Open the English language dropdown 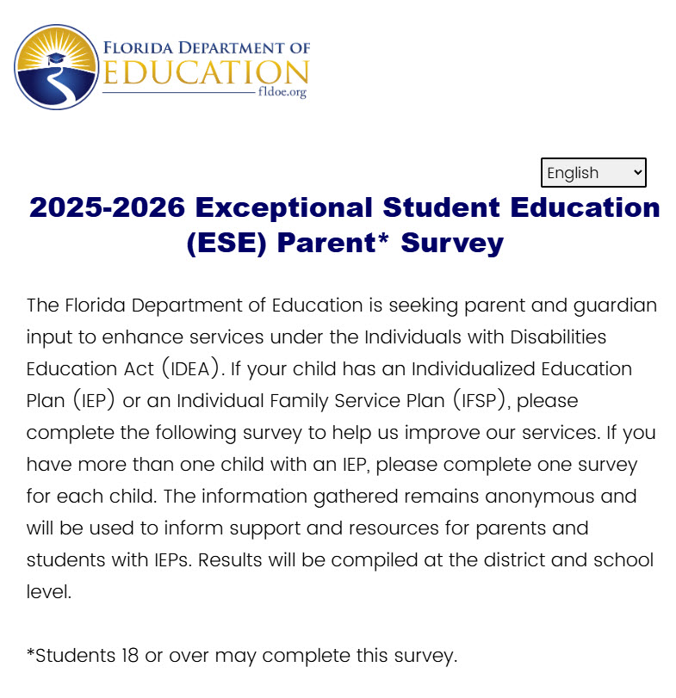[x=586, y=173]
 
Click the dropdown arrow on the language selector [x=637, y=172]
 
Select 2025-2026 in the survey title [x=107, y=207]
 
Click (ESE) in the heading [x=226, y=243]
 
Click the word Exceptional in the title [x=284, y=207]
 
